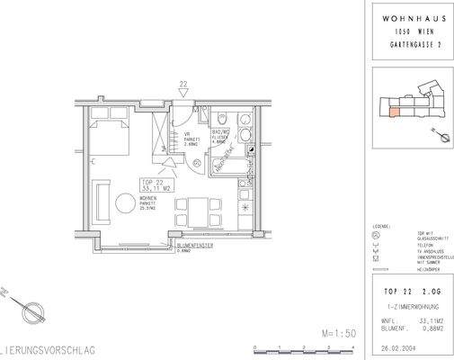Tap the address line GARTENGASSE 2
(x=410, y=43)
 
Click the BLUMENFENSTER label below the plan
(x=195, y=244)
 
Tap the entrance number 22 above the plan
(x=183, y=86)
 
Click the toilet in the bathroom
(x=223, y=121)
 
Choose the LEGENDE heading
(x=379, y=225)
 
